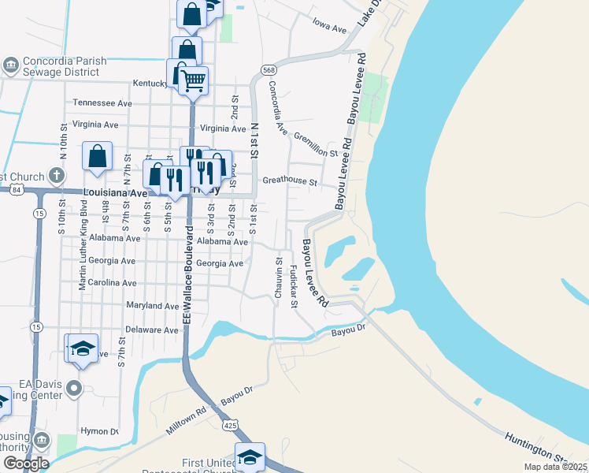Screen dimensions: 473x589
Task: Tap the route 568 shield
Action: point(269,70)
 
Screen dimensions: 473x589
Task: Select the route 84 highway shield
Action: point(18,189)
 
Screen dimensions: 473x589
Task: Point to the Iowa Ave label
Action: point(329,29)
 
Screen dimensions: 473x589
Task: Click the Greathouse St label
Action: point(289,182)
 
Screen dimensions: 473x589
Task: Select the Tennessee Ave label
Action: point(102,103)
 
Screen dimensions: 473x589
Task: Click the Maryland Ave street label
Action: point(153,306)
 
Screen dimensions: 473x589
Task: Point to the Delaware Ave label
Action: point(152,330)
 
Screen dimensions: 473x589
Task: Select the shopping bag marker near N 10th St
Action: point(97,155)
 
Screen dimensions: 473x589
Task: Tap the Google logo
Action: point(25,464)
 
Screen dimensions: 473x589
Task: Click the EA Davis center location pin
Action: point(74,388)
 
